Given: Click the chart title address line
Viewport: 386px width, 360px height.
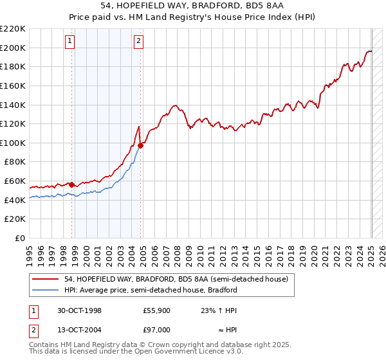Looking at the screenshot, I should [x=193, y=5].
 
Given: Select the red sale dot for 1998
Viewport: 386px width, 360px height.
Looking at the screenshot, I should [x=72, y=185].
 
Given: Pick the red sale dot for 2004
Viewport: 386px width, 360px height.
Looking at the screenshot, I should [x=140, y=146].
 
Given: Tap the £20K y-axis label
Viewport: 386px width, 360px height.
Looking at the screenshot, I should [x=15, y=219].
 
